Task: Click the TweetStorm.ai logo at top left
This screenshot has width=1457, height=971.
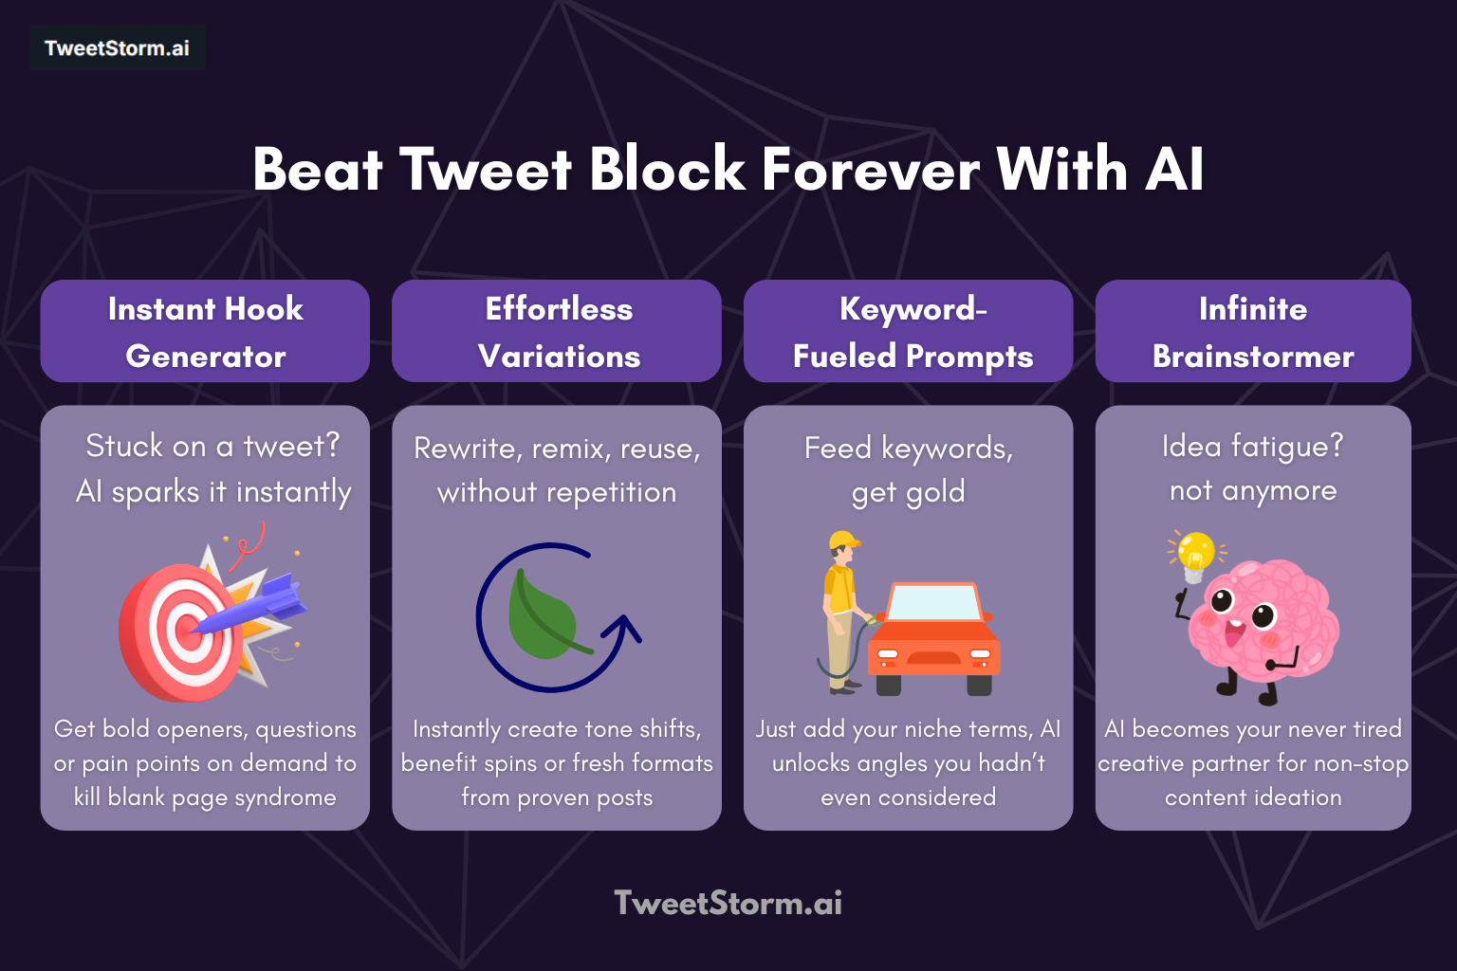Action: pos(117,48)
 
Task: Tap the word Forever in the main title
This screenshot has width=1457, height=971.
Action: pos(870,171)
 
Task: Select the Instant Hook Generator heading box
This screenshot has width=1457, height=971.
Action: pos(205,332)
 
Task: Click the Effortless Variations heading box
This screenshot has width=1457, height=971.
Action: pos(558,332)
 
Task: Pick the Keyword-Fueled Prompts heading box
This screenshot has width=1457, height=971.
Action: pos(909,332)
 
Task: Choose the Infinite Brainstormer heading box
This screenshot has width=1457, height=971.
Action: pos(1253,332)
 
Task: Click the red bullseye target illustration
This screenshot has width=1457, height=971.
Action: pos(175,635)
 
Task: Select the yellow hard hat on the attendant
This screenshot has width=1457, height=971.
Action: pos(842,541)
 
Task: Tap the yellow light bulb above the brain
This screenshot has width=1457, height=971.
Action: pos(1195,551)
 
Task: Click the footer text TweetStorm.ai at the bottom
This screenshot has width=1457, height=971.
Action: pos(728,903)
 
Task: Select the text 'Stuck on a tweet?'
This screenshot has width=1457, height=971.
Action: pos(212,446)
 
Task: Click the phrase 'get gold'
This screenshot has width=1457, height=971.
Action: pos(908,492)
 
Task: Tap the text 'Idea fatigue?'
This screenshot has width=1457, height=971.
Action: pos(1252,446)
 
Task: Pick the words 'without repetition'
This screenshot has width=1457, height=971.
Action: pos(557,492)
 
